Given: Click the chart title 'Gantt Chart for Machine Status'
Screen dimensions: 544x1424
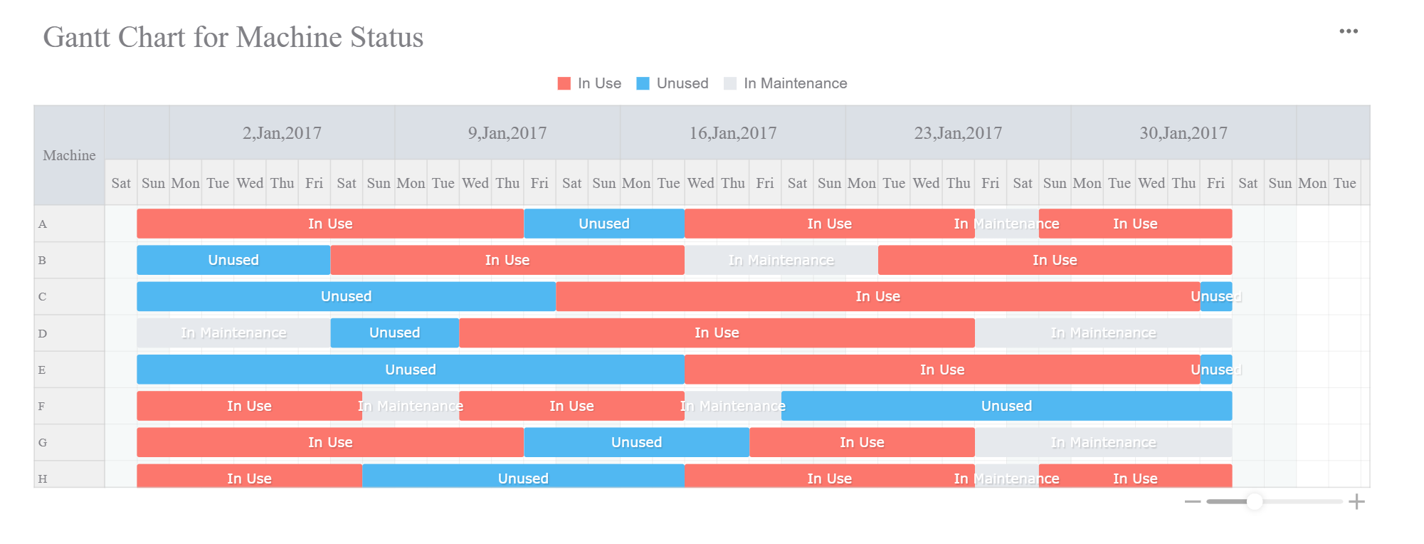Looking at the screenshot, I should pos(233,38).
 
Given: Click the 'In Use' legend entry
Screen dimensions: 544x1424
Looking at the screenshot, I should pos(590,83).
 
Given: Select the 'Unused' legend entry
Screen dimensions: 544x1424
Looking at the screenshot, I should pos(673,83).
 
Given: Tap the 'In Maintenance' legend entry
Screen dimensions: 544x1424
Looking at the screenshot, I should pos(786,83).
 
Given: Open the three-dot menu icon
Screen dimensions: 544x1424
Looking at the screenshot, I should pos(1348,31).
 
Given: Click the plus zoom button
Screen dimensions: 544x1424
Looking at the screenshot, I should pos(1356,502).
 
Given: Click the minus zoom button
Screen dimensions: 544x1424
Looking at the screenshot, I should pos(1193,502).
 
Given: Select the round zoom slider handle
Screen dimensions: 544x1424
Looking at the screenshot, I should pos(1255,502).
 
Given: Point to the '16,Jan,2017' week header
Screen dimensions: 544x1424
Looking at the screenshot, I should pos(732,133).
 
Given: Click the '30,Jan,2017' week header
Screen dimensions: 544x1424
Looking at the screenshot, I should pos(1183,133).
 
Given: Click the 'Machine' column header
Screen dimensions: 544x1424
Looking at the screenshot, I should pos(69,155).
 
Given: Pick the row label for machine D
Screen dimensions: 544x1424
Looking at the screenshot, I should pos(43,333).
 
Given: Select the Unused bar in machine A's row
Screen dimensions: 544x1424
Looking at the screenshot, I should pos(603,224).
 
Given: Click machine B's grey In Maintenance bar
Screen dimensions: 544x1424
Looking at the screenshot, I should pos(781,260).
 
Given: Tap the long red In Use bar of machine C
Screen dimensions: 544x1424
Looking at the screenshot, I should pos(877,296).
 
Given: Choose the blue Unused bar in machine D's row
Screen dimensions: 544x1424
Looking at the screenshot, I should pos(394,333).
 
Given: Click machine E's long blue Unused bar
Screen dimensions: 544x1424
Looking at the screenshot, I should pos(410,370).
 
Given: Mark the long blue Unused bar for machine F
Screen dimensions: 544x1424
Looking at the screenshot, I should pos(1006,406).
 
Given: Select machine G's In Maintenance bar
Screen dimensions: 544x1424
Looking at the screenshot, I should pos(1102,442).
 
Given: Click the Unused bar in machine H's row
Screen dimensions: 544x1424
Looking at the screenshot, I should pos(522,476).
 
